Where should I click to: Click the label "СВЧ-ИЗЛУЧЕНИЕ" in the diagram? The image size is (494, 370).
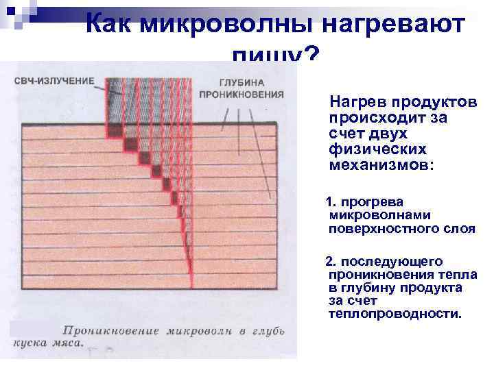point(54,81)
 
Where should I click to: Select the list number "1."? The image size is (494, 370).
point(332,202)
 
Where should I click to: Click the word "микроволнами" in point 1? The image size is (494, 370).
point(373,215)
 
